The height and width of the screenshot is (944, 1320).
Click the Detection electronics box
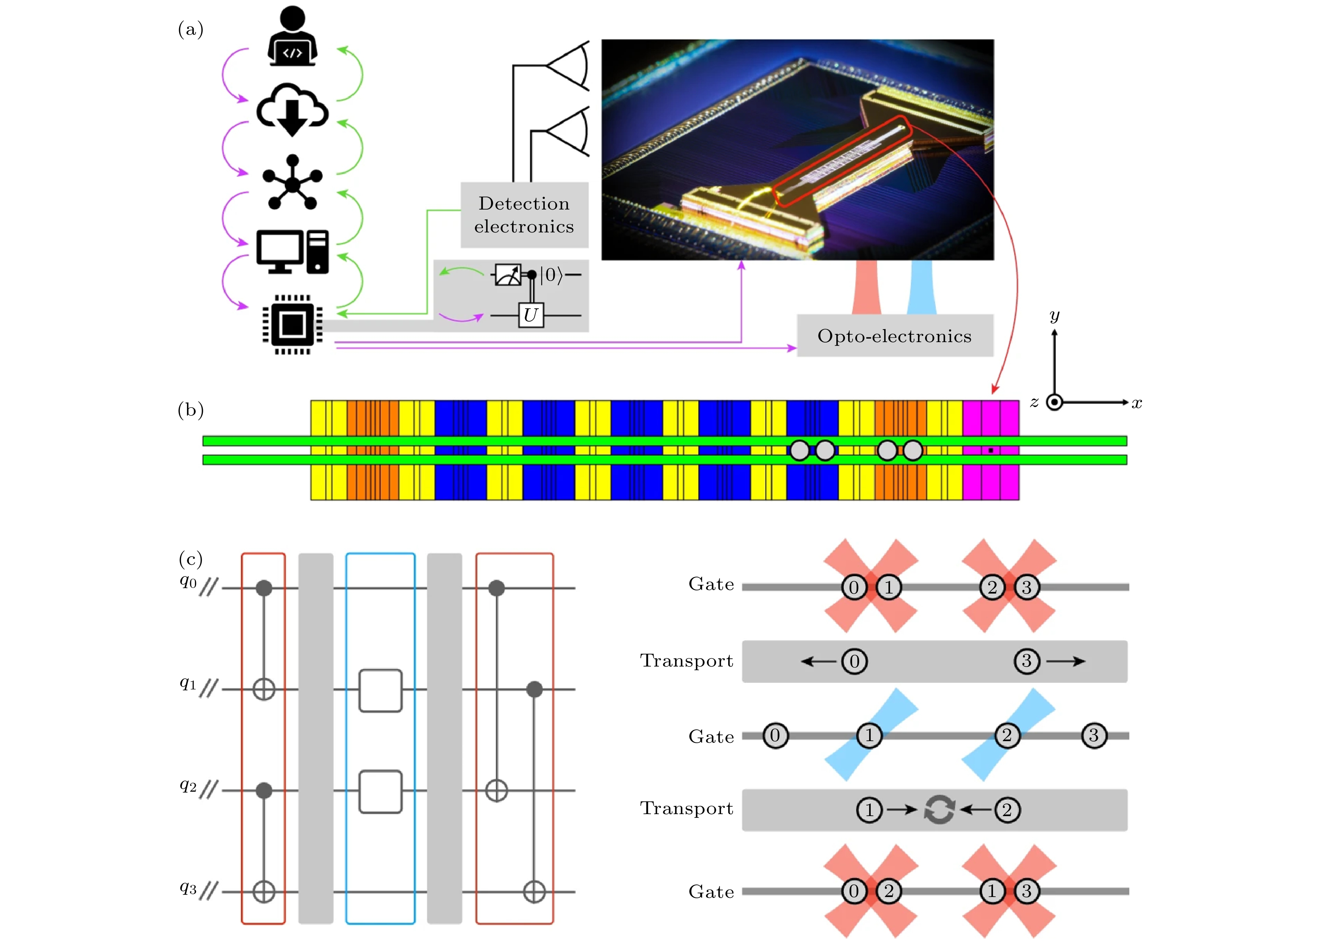(x=524, y=215)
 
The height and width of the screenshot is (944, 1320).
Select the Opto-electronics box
(x=894, y=335)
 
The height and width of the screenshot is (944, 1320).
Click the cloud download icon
(x=292, y=110)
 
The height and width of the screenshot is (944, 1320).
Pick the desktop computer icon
(x=292, y=251)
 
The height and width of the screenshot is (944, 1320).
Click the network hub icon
(x=292, y=182)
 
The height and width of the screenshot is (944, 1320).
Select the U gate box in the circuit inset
(x=531, y=315)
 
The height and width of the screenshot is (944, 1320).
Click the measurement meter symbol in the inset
(x=507, y=274)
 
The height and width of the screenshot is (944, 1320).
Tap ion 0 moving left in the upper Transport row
(x=854, y=661)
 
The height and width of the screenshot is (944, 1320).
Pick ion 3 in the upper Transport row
(x=1026, y=661)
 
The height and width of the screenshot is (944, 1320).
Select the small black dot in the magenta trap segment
(x=991, y=450)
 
